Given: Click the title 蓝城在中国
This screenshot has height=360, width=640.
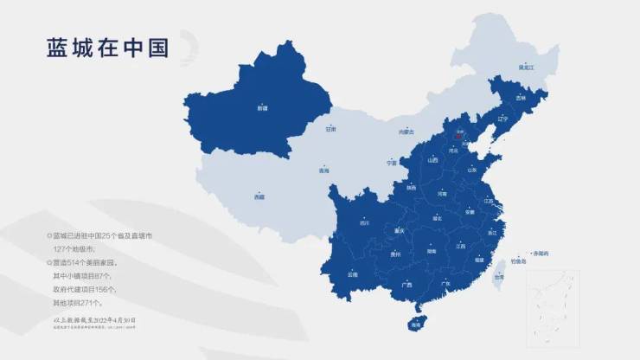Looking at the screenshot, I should [x=108, y=48].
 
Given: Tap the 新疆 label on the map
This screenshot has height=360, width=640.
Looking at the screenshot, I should [x=262, y=108].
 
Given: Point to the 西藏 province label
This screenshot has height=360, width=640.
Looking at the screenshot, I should [x=259, y=197].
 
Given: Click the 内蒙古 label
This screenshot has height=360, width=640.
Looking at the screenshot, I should [x=406, y=132].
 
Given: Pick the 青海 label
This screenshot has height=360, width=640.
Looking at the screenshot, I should [x=324, y=171].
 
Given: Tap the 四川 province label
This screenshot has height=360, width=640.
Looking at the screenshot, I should [x=364, y=223].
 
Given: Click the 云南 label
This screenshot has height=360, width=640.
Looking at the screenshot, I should [x=353, y=274].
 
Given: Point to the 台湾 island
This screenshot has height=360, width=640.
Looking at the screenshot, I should [x=498, y=278].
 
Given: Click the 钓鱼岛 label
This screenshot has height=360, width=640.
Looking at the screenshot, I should [x=518, y=260].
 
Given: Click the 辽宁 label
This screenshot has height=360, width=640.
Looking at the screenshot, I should [x=503, y=119].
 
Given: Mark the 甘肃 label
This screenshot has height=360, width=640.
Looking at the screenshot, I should [x=330, y=130].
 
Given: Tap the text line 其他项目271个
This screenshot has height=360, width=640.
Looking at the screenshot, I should [x=78, y=303].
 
